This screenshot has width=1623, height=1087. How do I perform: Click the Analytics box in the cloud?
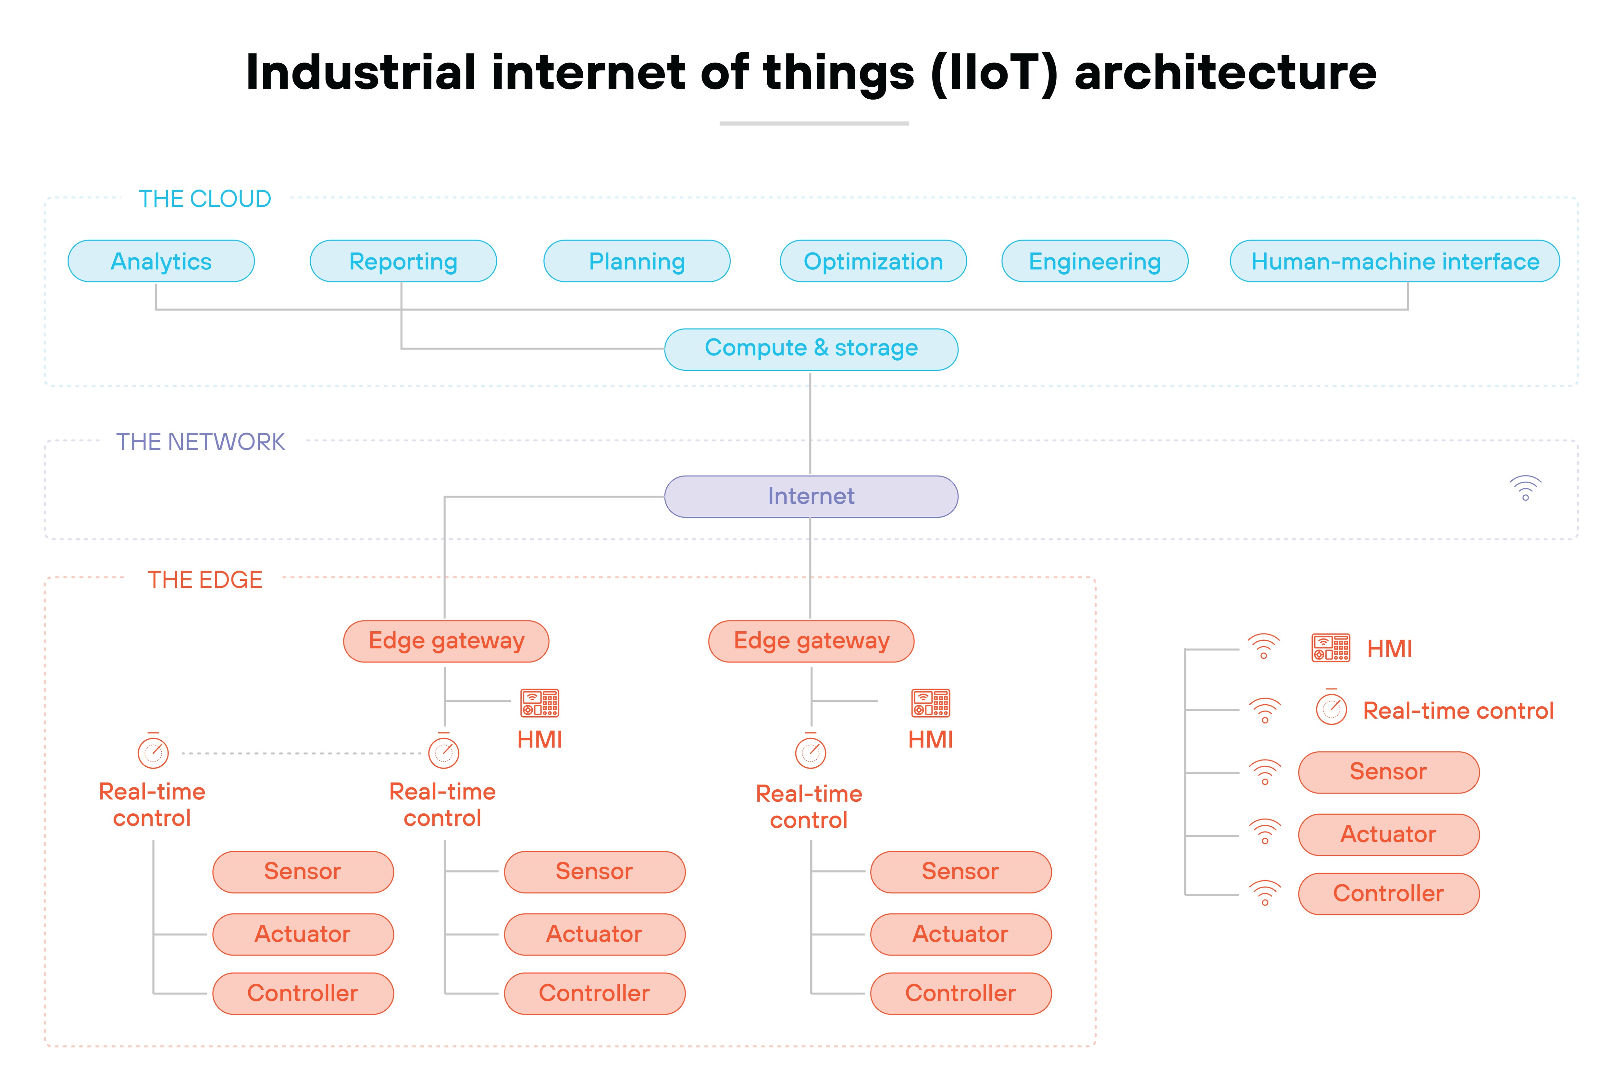pos(161,261)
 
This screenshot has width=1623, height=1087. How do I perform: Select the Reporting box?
pos(403,261)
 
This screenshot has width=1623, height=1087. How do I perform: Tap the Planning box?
pos(637,261)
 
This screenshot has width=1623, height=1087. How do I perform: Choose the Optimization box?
pos(873,261)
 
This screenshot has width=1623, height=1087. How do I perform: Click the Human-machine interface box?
pos(1394,261)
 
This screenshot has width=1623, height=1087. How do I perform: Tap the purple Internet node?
pos(811,496)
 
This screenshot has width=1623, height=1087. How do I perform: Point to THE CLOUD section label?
pos(204,199)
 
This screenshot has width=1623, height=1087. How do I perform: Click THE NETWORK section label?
pos(200,442)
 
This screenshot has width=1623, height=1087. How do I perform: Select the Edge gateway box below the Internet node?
pos(811,641)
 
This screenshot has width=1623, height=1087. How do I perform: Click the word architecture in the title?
pos(1225,73)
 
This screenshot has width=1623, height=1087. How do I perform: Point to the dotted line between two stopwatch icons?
pos(298,753)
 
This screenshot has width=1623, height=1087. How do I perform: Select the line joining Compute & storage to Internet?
pos(811,423)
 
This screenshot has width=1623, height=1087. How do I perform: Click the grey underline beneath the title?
pos(814,123)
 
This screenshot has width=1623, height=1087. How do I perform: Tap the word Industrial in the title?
pos(361,73)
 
